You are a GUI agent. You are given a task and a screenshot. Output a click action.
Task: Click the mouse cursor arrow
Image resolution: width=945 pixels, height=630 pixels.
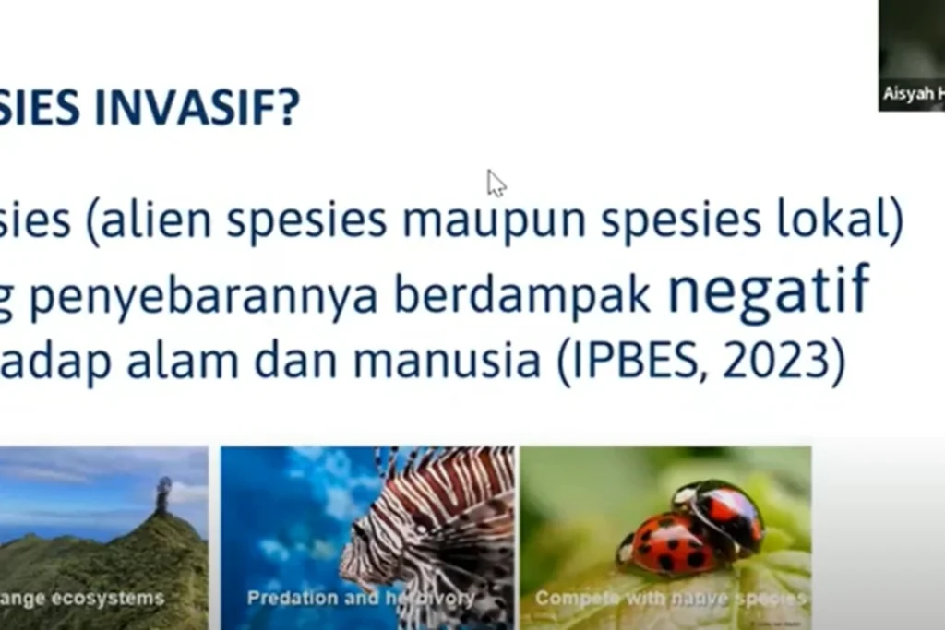click(x=496, y=183)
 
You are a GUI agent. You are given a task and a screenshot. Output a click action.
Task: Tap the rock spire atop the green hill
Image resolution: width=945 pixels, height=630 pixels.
click(x=163, y=494)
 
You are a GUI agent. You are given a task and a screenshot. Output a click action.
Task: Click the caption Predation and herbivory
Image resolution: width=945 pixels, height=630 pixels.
click(x=360, y=599)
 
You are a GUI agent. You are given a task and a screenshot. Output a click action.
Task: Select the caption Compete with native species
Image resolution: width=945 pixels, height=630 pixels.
click(x=670, y=599)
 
